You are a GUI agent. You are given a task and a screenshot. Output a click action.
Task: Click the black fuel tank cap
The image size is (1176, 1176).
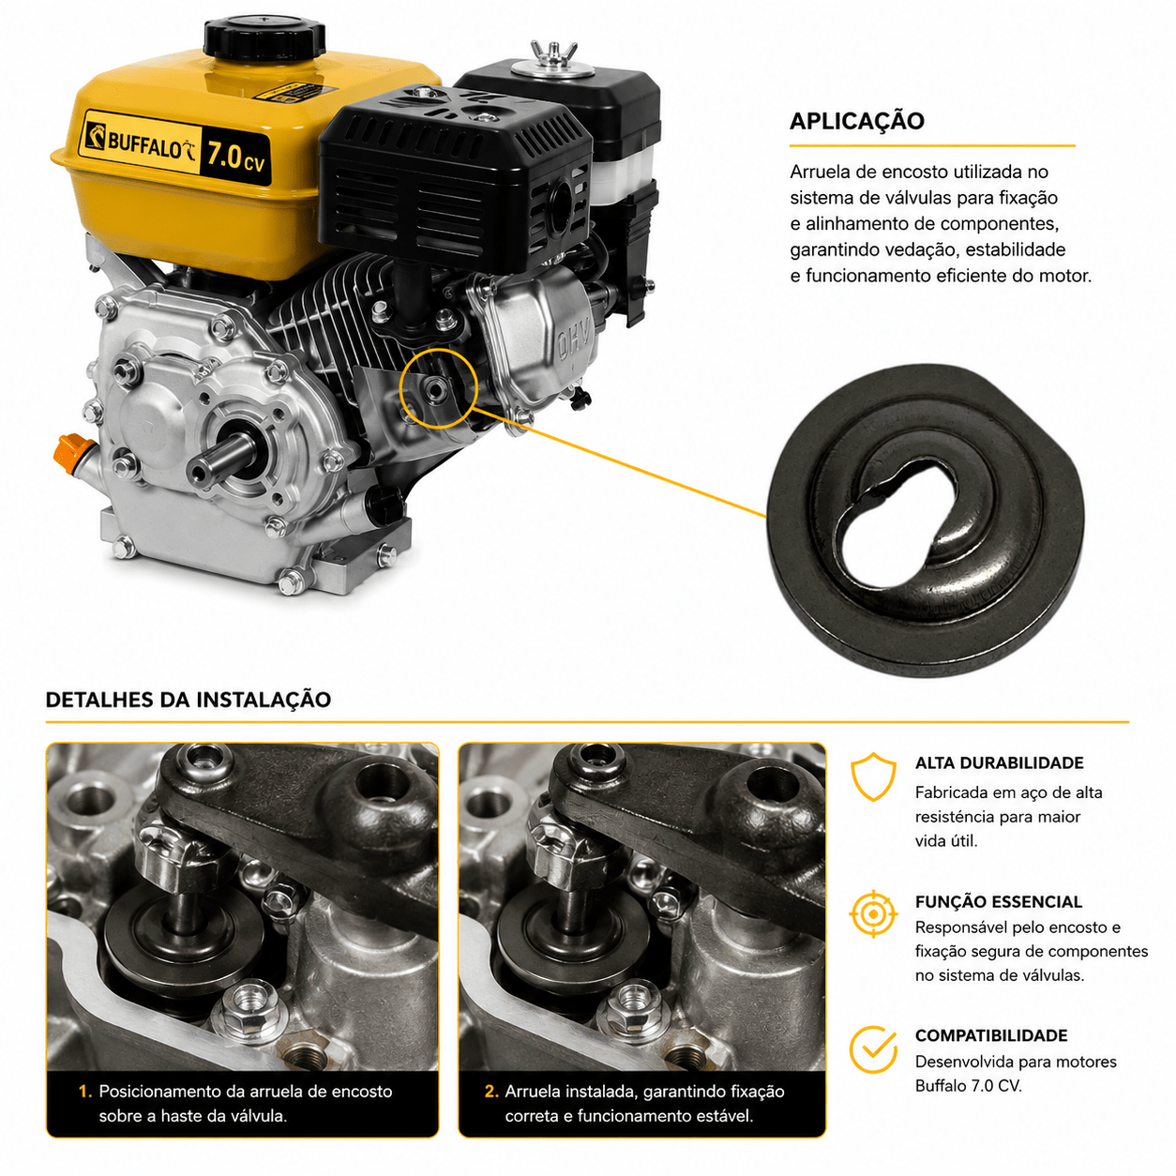(x=264, y=39)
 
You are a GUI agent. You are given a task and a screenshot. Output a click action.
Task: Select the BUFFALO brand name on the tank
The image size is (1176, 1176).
(x=145, y=145)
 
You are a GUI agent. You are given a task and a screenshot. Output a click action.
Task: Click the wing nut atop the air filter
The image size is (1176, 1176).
(x=553, y=53)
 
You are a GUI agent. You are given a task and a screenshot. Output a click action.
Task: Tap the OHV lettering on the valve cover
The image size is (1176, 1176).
(x=574, y=342)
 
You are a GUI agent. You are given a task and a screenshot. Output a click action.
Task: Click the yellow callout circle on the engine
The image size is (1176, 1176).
(x=438, y=388)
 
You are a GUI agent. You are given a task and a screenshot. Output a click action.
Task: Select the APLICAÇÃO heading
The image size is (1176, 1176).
(x=856, y=121)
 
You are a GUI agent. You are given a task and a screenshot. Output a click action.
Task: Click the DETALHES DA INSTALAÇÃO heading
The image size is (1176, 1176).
(x=188, y=700)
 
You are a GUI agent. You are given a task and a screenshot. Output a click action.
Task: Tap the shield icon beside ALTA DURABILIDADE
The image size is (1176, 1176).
(x=873, y=776)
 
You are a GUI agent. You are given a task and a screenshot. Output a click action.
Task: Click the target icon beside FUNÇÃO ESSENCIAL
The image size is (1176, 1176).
(x=873, y=913)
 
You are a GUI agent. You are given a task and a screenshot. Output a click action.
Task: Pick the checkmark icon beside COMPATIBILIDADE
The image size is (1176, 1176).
(x=873, y=1049)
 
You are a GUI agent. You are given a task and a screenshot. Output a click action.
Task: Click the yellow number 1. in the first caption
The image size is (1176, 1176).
(x=85, y=1092)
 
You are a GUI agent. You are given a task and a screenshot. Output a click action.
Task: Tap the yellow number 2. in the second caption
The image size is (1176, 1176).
(x=491, y=1092)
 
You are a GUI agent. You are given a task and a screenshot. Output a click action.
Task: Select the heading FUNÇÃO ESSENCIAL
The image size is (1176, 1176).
(x=999, y=901)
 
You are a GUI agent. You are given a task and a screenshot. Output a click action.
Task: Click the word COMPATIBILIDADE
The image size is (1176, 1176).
(x=991, y=1035)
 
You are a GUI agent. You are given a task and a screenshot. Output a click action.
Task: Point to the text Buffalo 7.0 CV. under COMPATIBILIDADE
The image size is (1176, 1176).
(x=968, y=1086)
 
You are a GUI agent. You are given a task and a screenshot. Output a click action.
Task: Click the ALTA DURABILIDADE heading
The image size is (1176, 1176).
(x=999, y=762)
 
